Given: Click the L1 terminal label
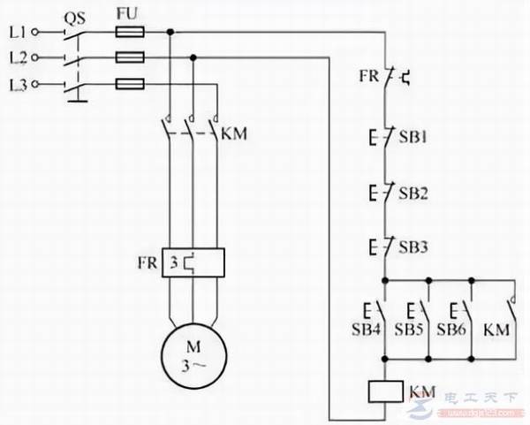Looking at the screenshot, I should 16,32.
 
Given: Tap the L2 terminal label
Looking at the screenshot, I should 16,58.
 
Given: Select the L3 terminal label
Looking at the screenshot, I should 16,84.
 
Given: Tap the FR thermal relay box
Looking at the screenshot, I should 192,262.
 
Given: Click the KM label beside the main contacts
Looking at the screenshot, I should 234,134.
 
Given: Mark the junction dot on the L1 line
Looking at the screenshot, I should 169,32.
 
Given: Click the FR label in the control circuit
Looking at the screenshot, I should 368,78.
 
